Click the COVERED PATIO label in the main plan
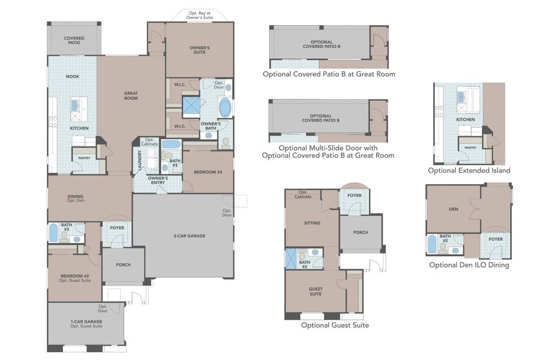coord(74,40)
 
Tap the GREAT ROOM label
coord(131,95)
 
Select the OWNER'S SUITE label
coord(199,50)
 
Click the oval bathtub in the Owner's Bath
coord(225,109)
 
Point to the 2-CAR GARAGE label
coord(190,236)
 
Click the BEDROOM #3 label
coord(208,172)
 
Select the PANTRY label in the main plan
coord(81,158)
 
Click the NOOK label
coord(73,76)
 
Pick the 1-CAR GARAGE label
coord(86,323)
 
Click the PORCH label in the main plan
coord(122,265)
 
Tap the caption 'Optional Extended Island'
coord(469,170)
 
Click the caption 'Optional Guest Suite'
coord(335,325)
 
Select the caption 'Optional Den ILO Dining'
coord(469,265)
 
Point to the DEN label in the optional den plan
coord(453,209)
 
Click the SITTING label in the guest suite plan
coord(312,223)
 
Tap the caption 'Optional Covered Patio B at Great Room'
coord(329,74)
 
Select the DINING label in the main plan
coord(76,198)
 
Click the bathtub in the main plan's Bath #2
coord(53,233)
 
